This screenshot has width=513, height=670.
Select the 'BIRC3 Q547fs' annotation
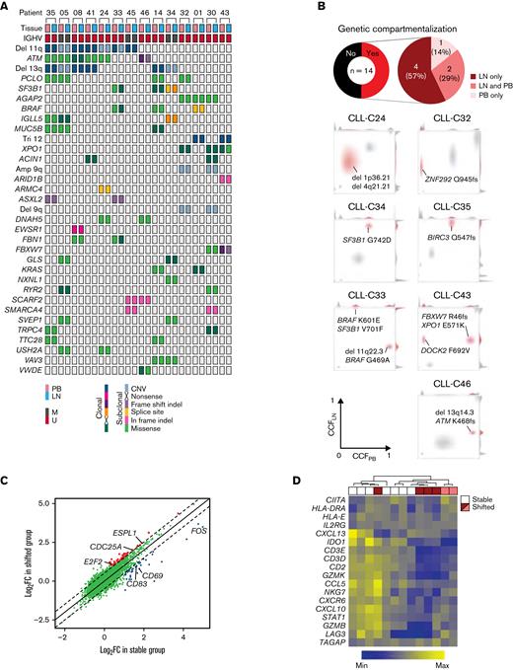click(451, 262)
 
